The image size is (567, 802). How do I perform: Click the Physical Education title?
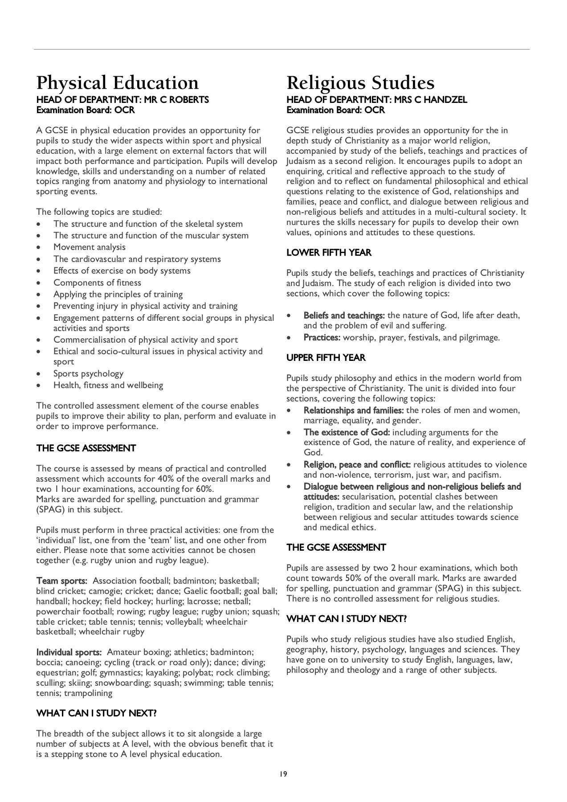coord(118,83)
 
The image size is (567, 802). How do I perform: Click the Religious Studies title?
coord(360,83)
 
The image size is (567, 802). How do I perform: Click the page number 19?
coord(283,774)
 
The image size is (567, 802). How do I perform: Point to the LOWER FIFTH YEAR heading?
coord(329,253)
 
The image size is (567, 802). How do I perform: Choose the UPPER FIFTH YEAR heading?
coord(326,357)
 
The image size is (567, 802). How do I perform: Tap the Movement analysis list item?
coord(90,247)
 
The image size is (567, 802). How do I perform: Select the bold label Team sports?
coord(61,581)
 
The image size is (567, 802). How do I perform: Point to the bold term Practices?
coord(322,338)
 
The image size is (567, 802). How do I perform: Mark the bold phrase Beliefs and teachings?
coord(344,315)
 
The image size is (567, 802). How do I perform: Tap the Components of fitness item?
coord(97,282)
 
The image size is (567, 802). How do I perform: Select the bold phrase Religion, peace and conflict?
coord(357,465)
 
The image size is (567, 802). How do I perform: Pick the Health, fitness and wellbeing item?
coord(108,385)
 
